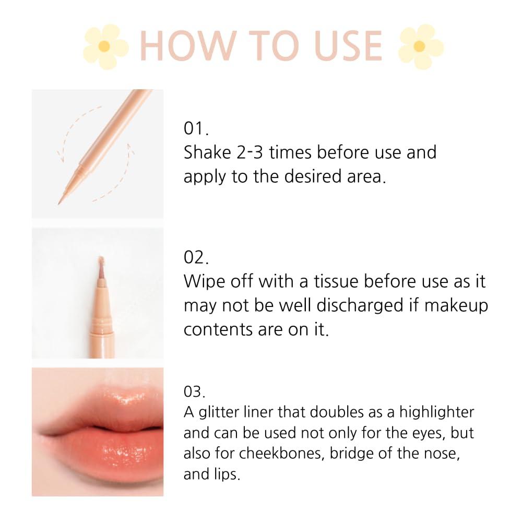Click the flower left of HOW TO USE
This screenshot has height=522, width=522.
(x=105, y=46)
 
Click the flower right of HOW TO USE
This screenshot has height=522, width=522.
(x=420, y=46)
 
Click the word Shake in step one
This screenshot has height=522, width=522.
(x=207, y=153)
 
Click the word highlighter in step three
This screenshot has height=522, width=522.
(x=437, y=412)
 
